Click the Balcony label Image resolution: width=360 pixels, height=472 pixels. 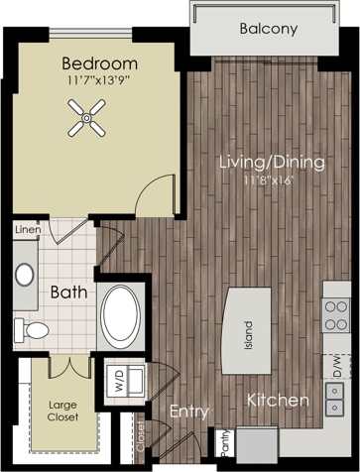(268, 29)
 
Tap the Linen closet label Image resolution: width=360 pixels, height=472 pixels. (26, 230)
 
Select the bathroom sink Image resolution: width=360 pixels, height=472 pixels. (25, 275)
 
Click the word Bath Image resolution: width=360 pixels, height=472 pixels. (68, 293)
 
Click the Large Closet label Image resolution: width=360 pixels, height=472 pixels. (64, 412)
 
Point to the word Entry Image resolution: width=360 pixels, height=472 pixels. (187, 411)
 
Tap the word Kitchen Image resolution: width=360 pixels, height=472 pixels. (279, 401)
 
